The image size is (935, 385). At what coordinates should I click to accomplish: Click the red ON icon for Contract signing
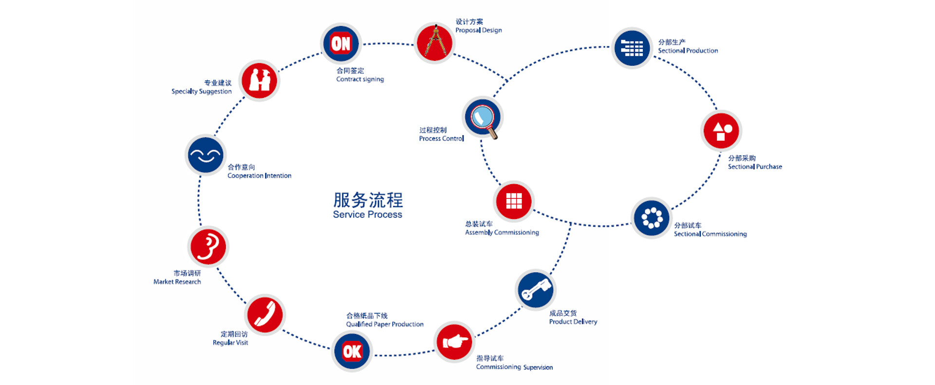pos(340,43)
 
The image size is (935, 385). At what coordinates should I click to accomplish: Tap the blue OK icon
pos(352,351)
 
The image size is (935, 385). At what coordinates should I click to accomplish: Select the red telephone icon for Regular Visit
pos(265,314)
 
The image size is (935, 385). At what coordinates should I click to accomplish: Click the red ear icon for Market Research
pos(208,247)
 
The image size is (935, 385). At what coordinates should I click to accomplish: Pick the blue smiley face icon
pos(206,155)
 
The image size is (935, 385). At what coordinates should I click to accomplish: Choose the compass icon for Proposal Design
pos(434,43)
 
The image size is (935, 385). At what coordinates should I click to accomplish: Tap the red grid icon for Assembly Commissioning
pos(514,201)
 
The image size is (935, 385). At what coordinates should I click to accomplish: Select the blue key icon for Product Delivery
pos(535,290)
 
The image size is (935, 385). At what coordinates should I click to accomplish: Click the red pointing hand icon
pos(454,342)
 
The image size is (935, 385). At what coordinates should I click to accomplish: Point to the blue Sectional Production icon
pos(632,48)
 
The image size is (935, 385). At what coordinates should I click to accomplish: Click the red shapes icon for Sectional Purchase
pos(721,131)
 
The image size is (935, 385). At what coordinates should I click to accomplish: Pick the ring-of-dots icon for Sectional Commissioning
pos(652,218)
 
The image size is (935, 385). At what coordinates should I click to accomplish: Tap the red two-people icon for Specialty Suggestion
pos(259,80)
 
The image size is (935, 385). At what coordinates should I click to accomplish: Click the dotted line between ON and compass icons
pos(388,44)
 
